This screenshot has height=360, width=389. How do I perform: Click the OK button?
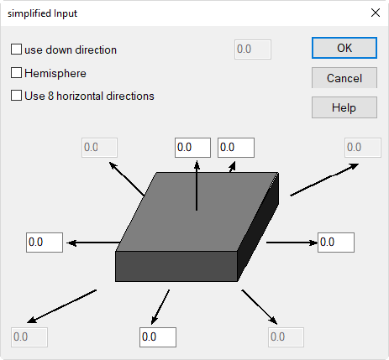pos(344,48)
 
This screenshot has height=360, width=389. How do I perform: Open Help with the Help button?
pos(344,107)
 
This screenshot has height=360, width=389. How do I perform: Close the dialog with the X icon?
pos(376,13)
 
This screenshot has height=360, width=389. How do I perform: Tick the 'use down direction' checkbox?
pos(16,50)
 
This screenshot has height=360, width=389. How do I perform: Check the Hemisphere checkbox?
pos(16,73)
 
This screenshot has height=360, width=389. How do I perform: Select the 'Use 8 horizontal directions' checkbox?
pos(16,96)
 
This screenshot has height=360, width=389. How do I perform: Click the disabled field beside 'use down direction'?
pos(253,50)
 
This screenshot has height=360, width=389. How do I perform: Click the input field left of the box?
pos(45,243)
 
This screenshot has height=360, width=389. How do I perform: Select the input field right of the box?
pos(336,243)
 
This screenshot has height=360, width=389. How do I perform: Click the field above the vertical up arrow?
pos(192,148)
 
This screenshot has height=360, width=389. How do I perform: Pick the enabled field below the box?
pos(158,337)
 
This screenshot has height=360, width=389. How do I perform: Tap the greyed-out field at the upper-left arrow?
pos(99,148)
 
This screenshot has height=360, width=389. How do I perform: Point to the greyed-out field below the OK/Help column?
pos(363,148)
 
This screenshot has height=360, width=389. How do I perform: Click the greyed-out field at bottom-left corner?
pos(29,337)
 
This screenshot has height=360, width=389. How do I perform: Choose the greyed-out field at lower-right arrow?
pos(286,337)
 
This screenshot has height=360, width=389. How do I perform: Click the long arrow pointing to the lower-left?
pos(61,306)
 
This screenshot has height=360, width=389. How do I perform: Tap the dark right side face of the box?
pos(258,227)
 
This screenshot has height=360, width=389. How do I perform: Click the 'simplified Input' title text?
pos(42,13)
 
